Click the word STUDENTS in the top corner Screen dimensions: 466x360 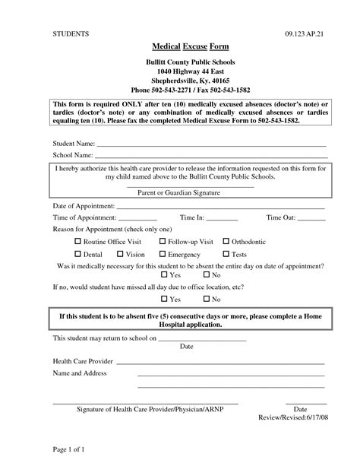[71, 35]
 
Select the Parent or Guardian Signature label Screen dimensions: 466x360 [179, 193]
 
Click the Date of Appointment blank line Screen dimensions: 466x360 [220, 207]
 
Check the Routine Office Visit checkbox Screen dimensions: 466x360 [77, 241]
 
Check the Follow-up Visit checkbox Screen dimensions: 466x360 [162, 241]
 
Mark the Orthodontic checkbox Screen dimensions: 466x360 [226, 241]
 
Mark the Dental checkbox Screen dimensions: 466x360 [77, 254]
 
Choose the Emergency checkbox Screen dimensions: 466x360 [162, 254]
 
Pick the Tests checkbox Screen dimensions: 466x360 [226, 254]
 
